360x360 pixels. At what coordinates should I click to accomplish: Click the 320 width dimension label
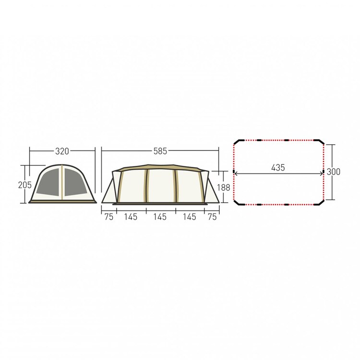pyautogui.click(x=62, y=151)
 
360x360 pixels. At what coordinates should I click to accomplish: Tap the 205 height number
pyautogui.click(x=25, y=185)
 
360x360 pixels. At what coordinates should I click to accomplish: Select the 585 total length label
pyautogui.click(x=160, y=151)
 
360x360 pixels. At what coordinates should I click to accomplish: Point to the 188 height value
pyautogui.click(x=223, y=187)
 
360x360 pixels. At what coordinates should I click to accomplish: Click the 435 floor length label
pyautogui.click(x=278, y=168)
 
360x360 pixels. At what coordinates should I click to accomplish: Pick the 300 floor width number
pyautogui.click(x=334, y=172)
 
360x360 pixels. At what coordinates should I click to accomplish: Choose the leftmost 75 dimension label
pyautogui.click(x=109, y=217)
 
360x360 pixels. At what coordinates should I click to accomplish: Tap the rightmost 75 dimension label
pyautogui.click(x=212, y=217)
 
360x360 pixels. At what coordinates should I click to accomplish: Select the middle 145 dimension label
pyautogui.click(x=160, y=217)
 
